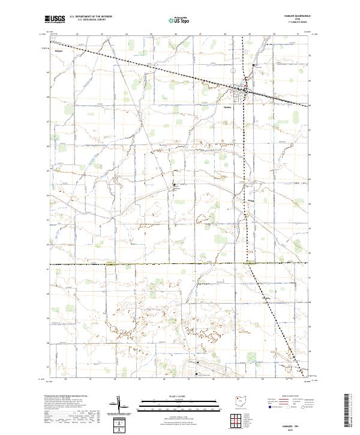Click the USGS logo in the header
[55, 19]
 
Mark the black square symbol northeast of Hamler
[254, 65]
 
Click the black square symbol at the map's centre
[175, 185]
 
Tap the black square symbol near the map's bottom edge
[197, 373]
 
